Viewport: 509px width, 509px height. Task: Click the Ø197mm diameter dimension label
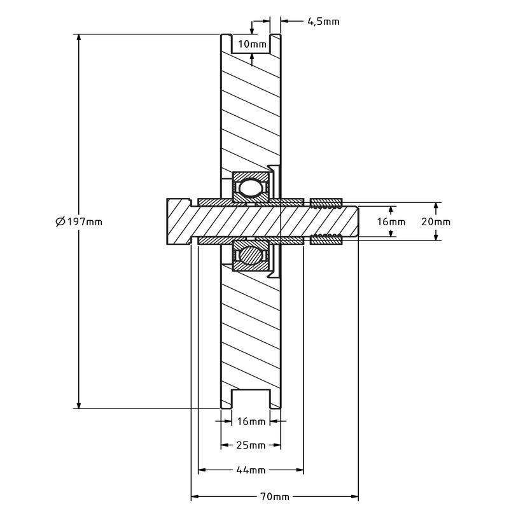[78, 221]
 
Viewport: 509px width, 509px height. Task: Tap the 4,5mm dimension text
[323, 22]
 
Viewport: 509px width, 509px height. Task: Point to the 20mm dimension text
[436, 221]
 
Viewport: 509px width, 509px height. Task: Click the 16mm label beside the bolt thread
[391, 221]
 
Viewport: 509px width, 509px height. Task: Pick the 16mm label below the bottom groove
[251, 421]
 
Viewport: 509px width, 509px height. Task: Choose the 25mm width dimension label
[251, 445]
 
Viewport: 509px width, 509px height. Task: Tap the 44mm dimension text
[251, 470]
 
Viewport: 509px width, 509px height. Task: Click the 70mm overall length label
[275, 496]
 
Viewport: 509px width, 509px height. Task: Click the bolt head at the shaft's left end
[178, 221]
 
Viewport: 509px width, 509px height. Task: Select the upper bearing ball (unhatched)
[249, 188]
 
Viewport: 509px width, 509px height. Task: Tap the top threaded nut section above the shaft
[326, 204]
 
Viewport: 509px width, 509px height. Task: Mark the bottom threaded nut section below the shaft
[326, 240]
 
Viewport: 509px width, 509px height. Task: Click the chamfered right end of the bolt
[355, 221]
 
